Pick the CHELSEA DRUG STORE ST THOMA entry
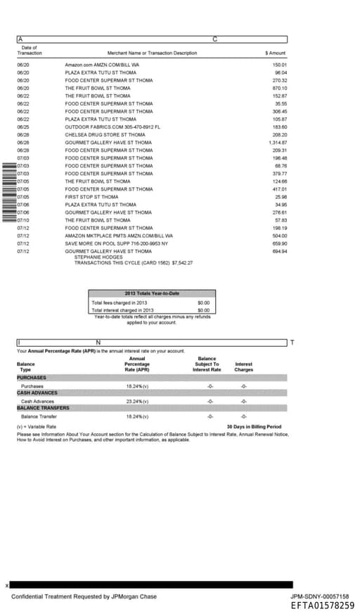[105, 134]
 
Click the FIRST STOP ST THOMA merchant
[91, 197]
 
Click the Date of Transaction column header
[30, 50]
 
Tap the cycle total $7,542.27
[182, 262]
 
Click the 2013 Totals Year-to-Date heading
[152, 293]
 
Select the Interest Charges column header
[243, 366]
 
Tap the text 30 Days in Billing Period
[254, 426]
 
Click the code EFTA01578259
[322, 605]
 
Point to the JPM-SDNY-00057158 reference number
[319, 596]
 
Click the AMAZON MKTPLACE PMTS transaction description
[118, 236]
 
